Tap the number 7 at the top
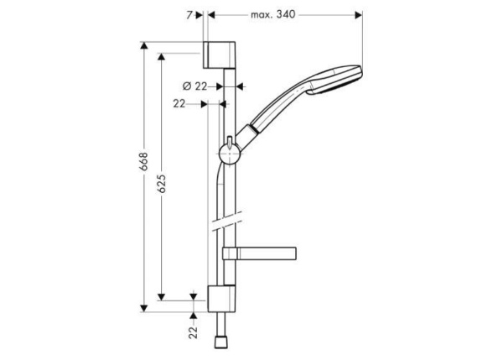coord(190,14)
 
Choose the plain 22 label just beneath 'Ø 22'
coord(179,104)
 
